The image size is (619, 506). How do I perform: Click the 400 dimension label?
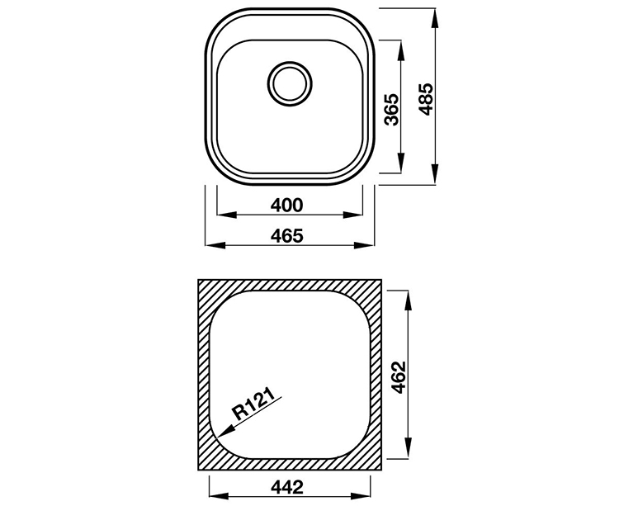pyautogui.click(x=287, y=205)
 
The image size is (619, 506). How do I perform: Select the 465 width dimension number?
pyautogui.click(x=287, y=235)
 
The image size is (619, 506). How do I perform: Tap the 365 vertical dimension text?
pyautogui.click(x=392, y=109)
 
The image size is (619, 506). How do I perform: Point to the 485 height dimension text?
pyautogui.click(x=427, y=99)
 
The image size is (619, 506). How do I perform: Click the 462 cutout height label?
pyautogui.click(x=399, y=377)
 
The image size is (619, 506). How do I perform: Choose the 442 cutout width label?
pyautogui.click(x=287, y=487)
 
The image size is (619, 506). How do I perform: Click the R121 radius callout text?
pyautogui.click(x=254, y=404)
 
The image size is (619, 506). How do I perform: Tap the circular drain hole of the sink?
pyautogui.click(x=290, y=83)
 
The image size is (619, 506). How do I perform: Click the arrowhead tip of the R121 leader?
pyautogui.click(x=218, y=437)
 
